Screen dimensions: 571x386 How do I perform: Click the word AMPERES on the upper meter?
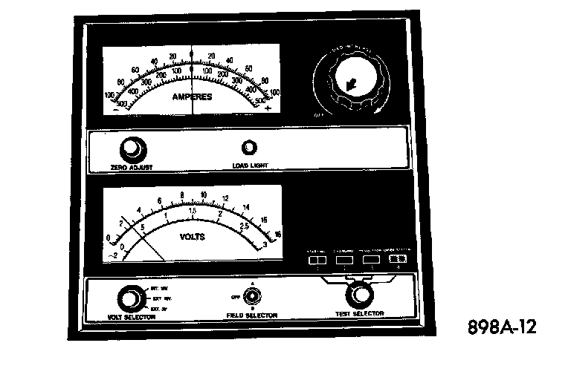pyautogui.click(x=193, y=97)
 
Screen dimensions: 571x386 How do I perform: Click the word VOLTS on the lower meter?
pyautogui.click(x=193, y=238)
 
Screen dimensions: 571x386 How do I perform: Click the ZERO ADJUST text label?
pyautogui.click(x=132, y=167)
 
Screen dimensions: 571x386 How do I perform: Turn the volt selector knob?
pyautogui.click(x=131, y=298)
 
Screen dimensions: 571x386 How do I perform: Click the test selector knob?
pyautogui.click(x=362, y=295)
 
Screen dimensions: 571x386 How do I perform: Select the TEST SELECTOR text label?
pyautogui.click(x=360, y=314)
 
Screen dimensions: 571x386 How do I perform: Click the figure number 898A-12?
pyautogui.click(x=502, y=327)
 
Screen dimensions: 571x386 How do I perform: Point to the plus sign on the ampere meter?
pyautogui.click(x=267, y=108)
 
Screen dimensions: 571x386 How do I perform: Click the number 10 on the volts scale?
pyautogui.click(x=204, y=196)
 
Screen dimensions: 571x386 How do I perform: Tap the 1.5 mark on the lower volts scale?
pyautogui.click(x=192, y=211)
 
